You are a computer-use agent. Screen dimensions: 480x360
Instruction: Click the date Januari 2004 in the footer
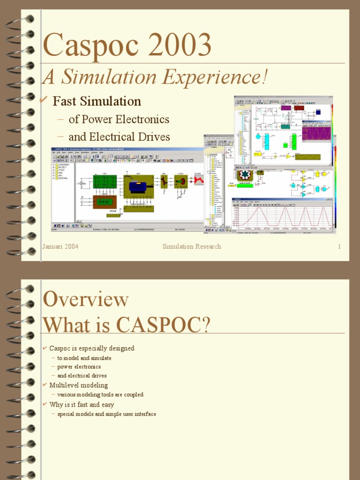(x=60, y=247)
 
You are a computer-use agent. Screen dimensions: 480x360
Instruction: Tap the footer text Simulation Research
(x=192, y=247)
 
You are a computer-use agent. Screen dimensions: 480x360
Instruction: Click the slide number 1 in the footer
(x=339, y=247)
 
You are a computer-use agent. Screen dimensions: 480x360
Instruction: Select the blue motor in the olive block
(x=138, y=186)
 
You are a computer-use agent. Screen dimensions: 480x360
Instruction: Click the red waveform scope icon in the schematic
(x=199, y=180)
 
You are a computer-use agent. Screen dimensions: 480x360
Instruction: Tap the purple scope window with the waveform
(x=316, y=133)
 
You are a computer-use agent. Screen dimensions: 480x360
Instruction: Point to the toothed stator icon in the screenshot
(x=244, y=175)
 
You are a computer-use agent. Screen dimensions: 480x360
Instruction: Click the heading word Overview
(x=85, y=300)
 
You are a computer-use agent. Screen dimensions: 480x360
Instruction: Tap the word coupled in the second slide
(x=134, y=395)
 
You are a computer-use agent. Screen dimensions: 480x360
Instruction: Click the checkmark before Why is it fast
(x=45, y=404)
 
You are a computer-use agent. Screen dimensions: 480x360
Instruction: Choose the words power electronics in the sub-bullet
(x=79, y=367)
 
